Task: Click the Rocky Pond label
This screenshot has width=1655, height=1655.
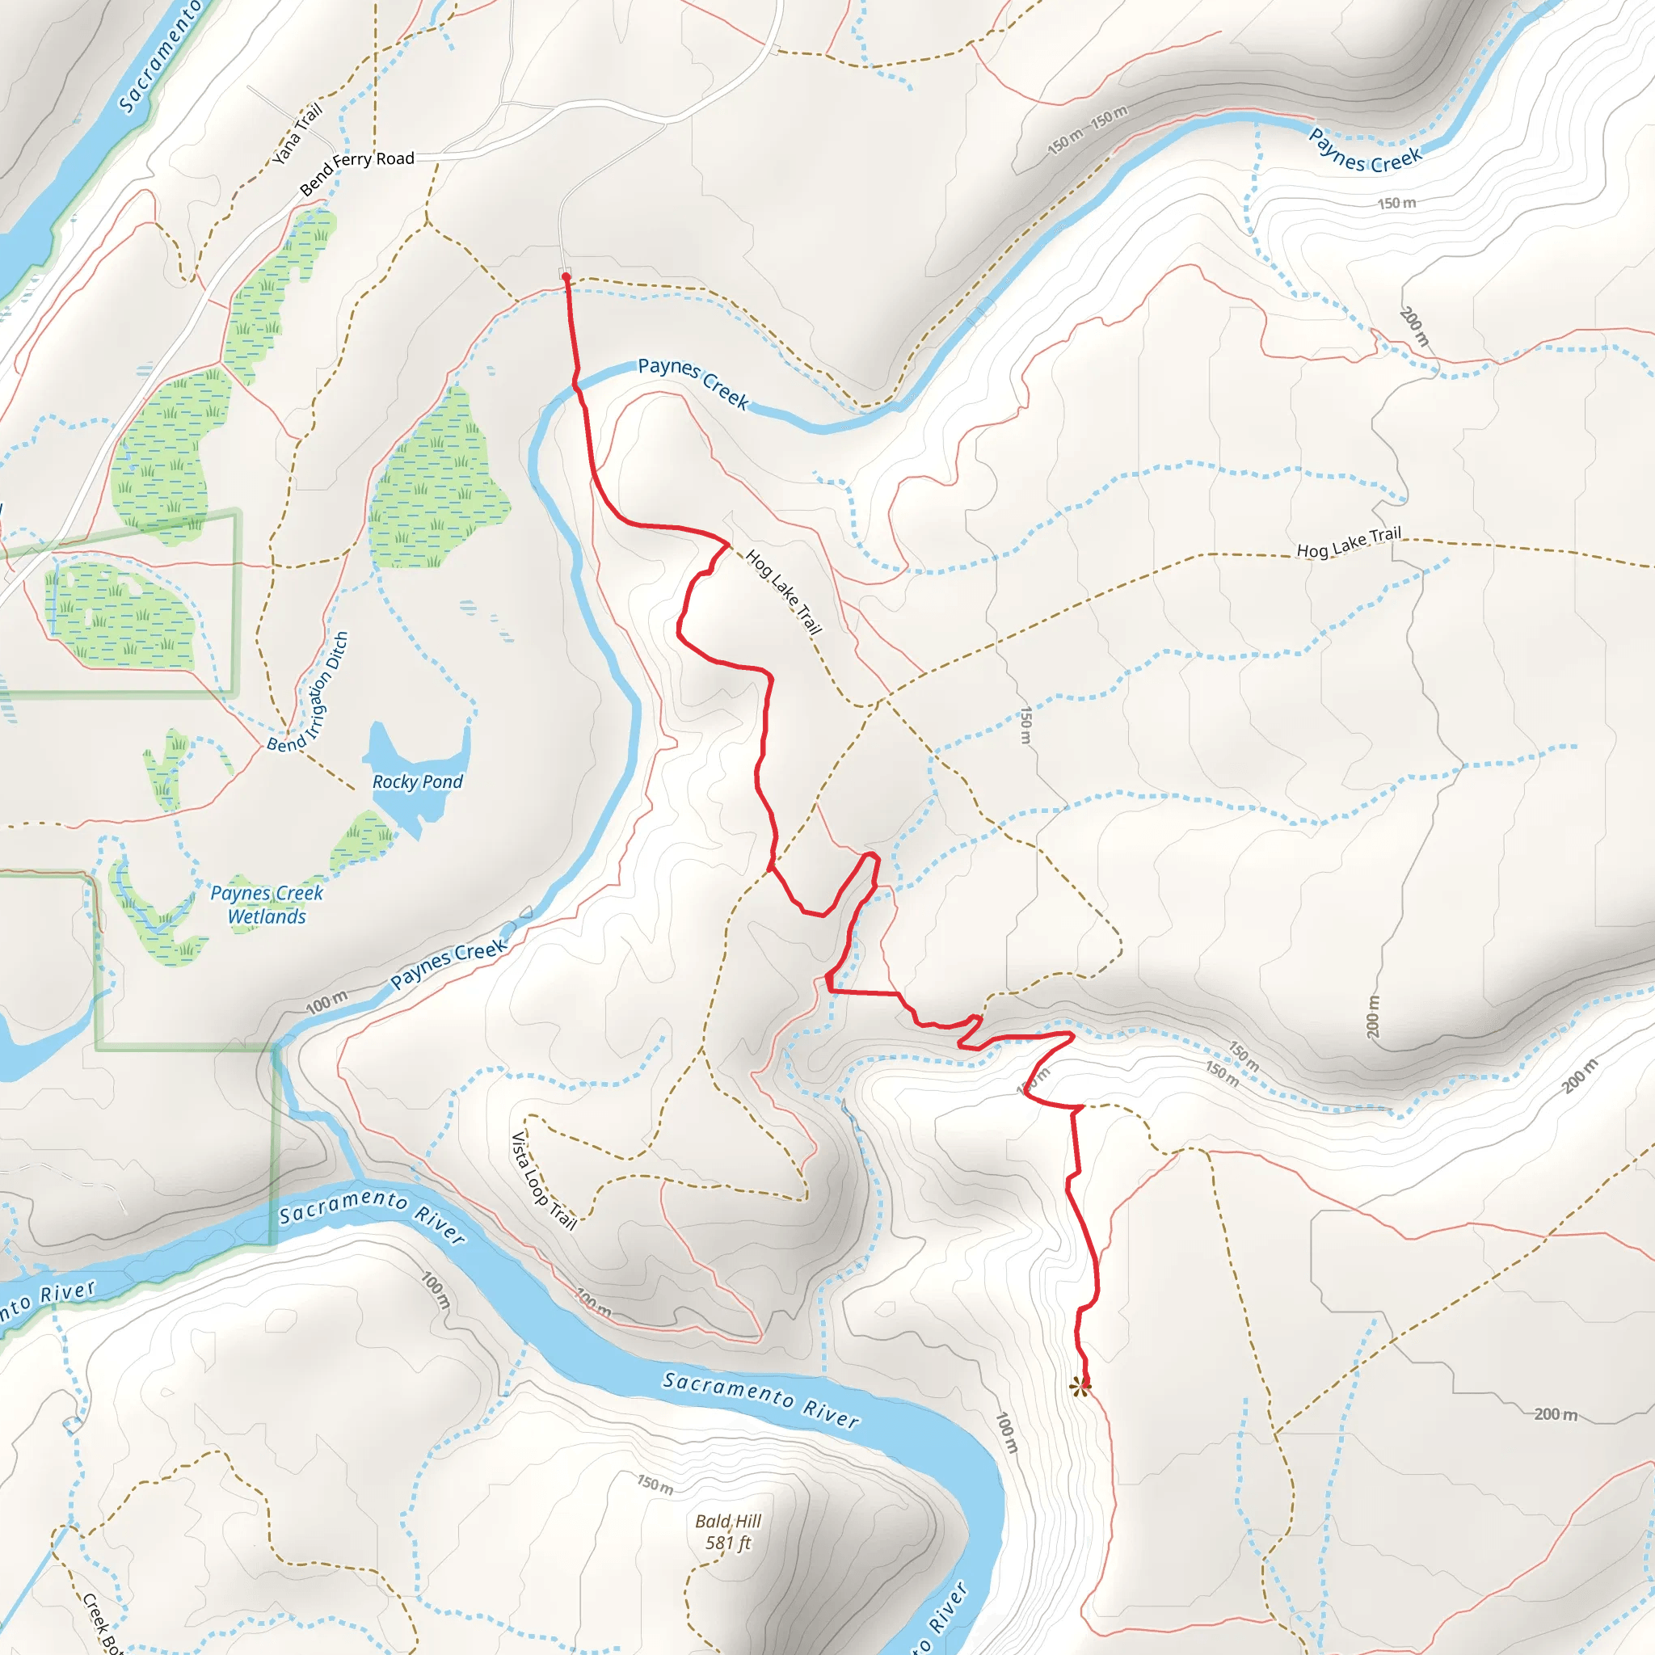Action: (x=417, y=781)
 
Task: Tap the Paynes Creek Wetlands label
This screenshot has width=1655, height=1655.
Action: (x=267, y=904)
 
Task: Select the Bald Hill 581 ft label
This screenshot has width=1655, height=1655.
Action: (x=727, y=1531)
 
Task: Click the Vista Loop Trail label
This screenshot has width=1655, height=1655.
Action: (x=543, y=1181)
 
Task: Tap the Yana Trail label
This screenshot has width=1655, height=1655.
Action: (x=297, y=133)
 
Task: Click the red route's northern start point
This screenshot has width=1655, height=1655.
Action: (x=566, y=276)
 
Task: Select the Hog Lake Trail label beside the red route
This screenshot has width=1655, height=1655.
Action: (x=783, y=592)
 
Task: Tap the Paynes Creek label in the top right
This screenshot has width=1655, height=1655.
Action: (x=1365, y=151)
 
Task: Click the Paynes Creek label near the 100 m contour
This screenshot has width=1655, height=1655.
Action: (x=448, y=965)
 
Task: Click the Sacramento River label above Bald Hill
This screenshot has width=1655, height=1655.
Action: (x=760, y=1400)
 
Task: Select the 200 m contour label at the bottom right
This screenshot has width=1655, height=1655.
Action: (x=1555, y=1414)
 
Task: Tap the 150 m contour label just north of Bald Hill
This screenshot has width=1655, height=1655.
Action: (x=655, y=1484)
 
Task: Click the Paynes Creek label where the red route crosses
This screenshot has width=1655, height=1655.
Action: (x=693, y=382)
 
